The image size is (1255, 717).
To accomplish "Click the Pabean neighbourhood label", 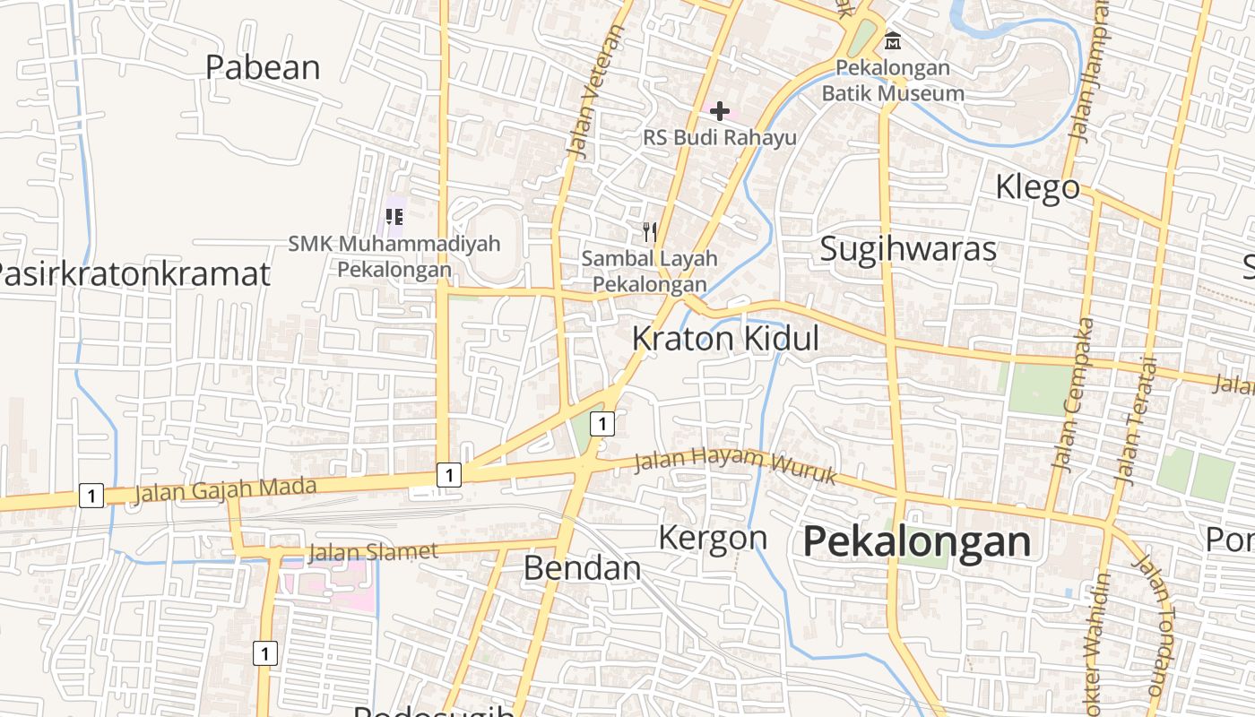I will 263,67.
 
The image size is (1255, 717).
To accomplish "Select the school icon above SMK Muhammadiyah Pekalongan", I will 394,216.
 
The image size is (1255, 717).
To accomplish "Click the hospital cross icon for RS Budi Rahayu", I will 719,111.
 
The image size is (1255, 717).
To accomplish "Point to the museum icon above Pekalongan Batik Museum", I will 893,40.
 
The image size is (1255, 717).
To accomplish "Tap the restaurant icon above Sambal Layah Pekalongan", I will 650,232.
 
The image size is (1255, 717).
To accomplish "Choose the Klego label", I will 1038,187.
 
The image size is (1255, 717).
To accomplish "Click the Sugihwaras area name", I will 908,248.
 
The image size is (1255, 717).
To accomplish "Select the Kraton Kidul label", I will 725,339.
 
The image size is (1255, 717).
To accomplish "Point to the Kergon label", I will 713,538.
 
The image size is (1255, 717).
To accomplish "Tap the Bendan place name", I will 582,567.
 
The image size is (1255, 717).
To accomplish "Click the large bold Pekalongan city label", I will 917,541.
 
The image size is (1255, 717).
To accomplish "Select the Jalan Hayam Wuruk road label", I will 734,464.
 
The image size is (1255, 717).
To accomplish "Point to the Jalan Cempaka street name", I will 1074,394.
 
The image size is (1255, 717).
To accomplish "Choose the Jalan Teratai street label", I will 1137,421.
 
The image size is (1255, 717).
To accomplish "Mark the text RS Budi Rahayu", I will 720,137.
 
